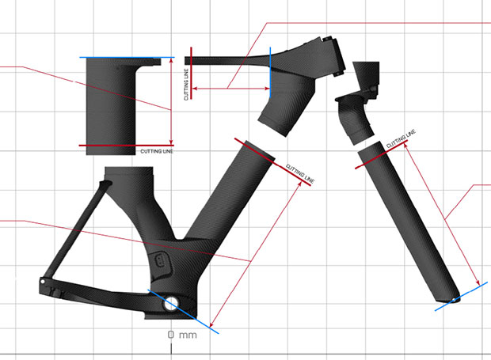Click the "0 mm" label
point(182,335)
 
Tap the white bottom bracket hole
point(171,303)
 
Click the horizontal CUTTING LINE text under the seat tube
point(157,151)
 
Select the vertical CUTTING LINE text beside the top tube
point(186,85)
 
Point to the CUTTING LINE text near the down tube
point(300,173)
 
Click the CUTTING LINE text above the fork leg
point(401,138)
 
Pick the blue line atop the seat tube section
point(127,57)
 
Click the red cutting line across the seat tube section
point(126,146)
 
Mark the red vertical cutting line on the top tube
point(191,74)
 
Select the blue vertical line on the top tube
point(270,72)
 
